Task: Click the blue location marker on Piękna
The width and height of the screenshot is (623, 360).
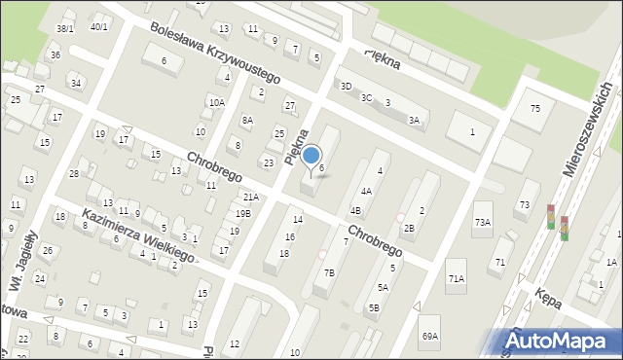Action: click(311, 156)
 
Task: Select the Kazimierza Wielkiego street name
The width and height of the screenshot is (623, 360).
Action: click(136, 235)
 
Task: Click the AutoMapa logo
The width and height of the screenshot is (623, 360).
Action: click(562, 341)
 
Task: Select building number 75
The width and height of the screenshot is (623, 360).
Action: click(534, 108)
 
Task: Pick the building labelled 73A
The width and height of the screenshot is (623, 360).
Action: click(483, 223)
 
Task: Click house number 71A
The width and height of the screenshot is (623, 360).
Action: click(457, 279)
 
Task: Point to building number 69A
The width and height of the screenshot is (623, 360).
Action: click(430, 336)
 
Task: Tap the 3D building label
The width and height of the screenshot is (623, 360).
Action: click(346, 86)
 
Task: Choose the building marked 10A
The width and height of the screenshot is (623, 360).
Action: click(216, 102)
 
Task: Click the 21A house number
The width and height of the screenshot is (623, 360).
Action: click(251, 197)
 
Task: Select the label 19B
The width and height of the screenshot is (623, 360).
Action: click(242, 213)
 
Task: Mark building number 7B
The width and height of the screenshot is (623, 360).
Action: click(329, 273)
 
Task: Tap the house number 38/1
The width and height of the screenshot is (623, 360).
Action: click(66, 28)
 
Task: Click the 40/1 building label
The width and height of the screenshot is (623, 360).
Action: click(99, 26)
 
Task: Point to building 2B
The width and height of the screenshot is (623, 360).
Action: click(409, 229)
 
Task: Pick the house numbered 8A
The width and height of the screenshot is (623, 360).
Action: click(247, 120)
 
